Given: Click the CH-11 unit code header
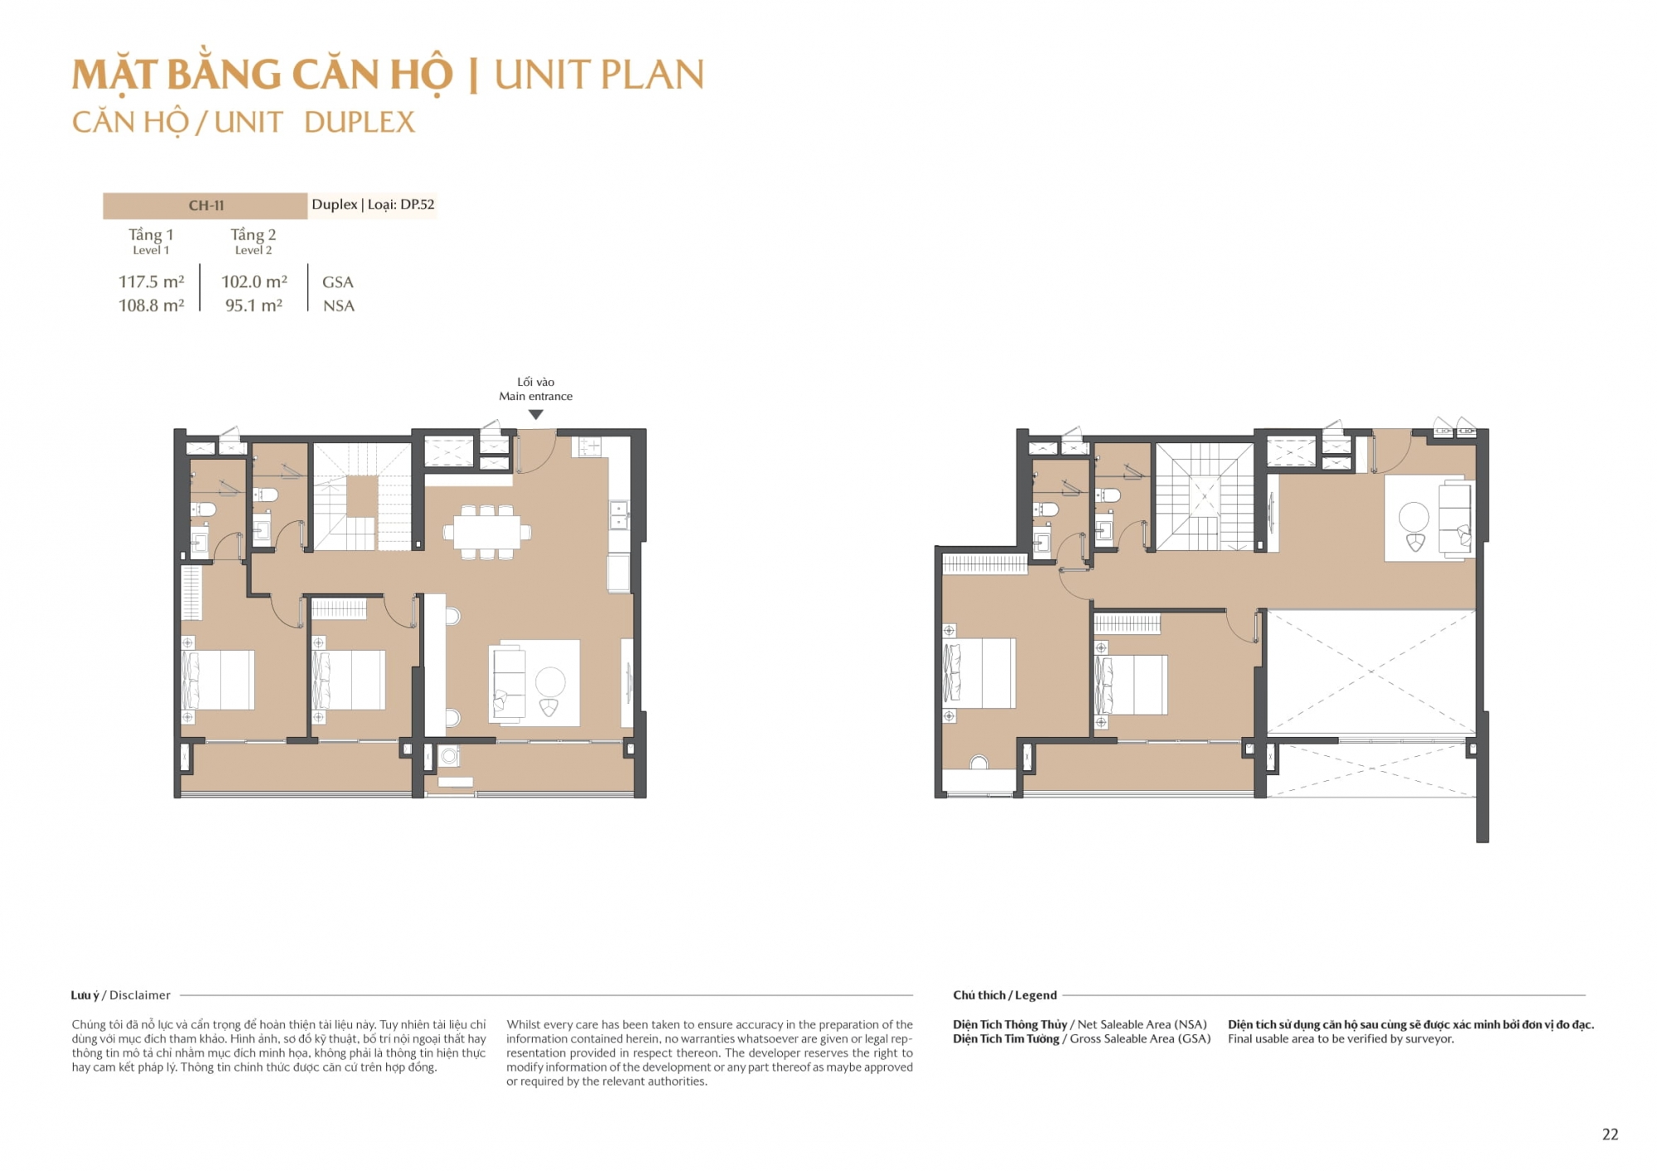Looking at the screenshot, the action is point(206,205).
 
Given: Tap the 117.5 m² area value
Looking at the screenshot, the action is point(152,282).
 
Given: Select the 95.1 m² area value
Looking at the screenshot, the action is point(254,305).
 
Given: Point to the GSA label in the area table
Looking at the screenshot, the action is point(338,282).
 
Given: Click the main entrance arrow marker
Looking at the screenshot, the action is point(536,414).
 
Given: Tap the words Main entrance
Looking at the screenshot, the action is point(535,396).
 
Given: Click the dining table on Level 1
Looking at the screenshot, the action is point(487,532).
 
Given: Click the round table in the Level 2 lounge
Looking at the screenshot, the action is point(1413,517).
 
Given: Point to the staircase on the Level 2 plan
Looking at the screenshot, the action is point(1205,497).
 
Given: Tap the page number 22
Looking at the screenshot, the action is point(1610,1135).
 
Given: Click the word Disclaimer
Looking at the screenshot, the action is point(140,995).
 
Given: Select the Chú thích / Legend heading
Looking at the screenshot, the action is point(1005,995).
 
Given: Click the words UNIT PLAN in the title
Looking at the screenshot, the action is point(599,75).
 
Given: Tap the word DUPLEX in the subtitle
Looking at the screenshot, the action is point(360,123).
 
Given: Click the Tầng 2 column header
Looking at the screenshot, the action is point(254,240).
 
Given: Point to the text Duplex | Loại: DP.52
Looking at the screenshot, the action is point(373,205).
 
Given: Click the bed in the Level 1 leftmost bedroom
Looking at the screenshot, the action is point(218,680).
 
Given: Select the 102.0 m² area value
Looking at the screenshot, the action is point(254,282).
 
